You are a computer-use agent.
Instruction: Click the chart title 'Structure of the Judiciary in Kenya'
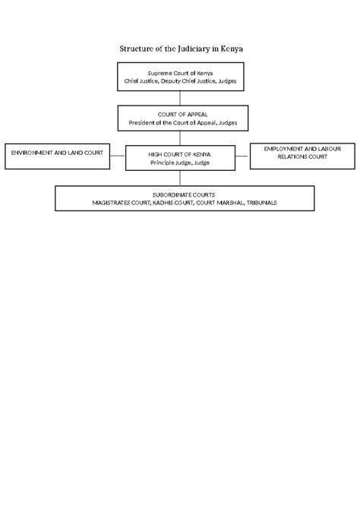point(180,49)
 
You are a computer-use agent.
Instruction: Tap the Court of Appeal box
point(180,118)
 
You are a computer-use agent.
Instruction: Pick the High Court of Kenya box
point(180,158)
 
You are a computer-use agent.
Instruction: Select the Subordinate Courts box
point(185,198)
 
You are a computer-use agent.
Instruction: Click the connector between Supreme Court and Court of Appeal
point(180,97)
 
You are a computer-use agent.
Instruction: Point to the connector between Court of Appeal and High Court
point(180,137)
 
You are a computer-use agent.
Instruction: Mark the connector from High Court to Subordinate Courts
point(180,178)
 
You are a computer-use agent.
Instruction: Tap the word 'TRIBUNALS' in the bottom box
point(257,203)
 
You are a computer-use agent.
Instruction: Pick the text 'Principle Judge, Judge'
point(180,162)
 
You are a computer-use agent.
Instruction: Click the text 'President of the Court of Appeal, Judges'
point(180,122)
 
